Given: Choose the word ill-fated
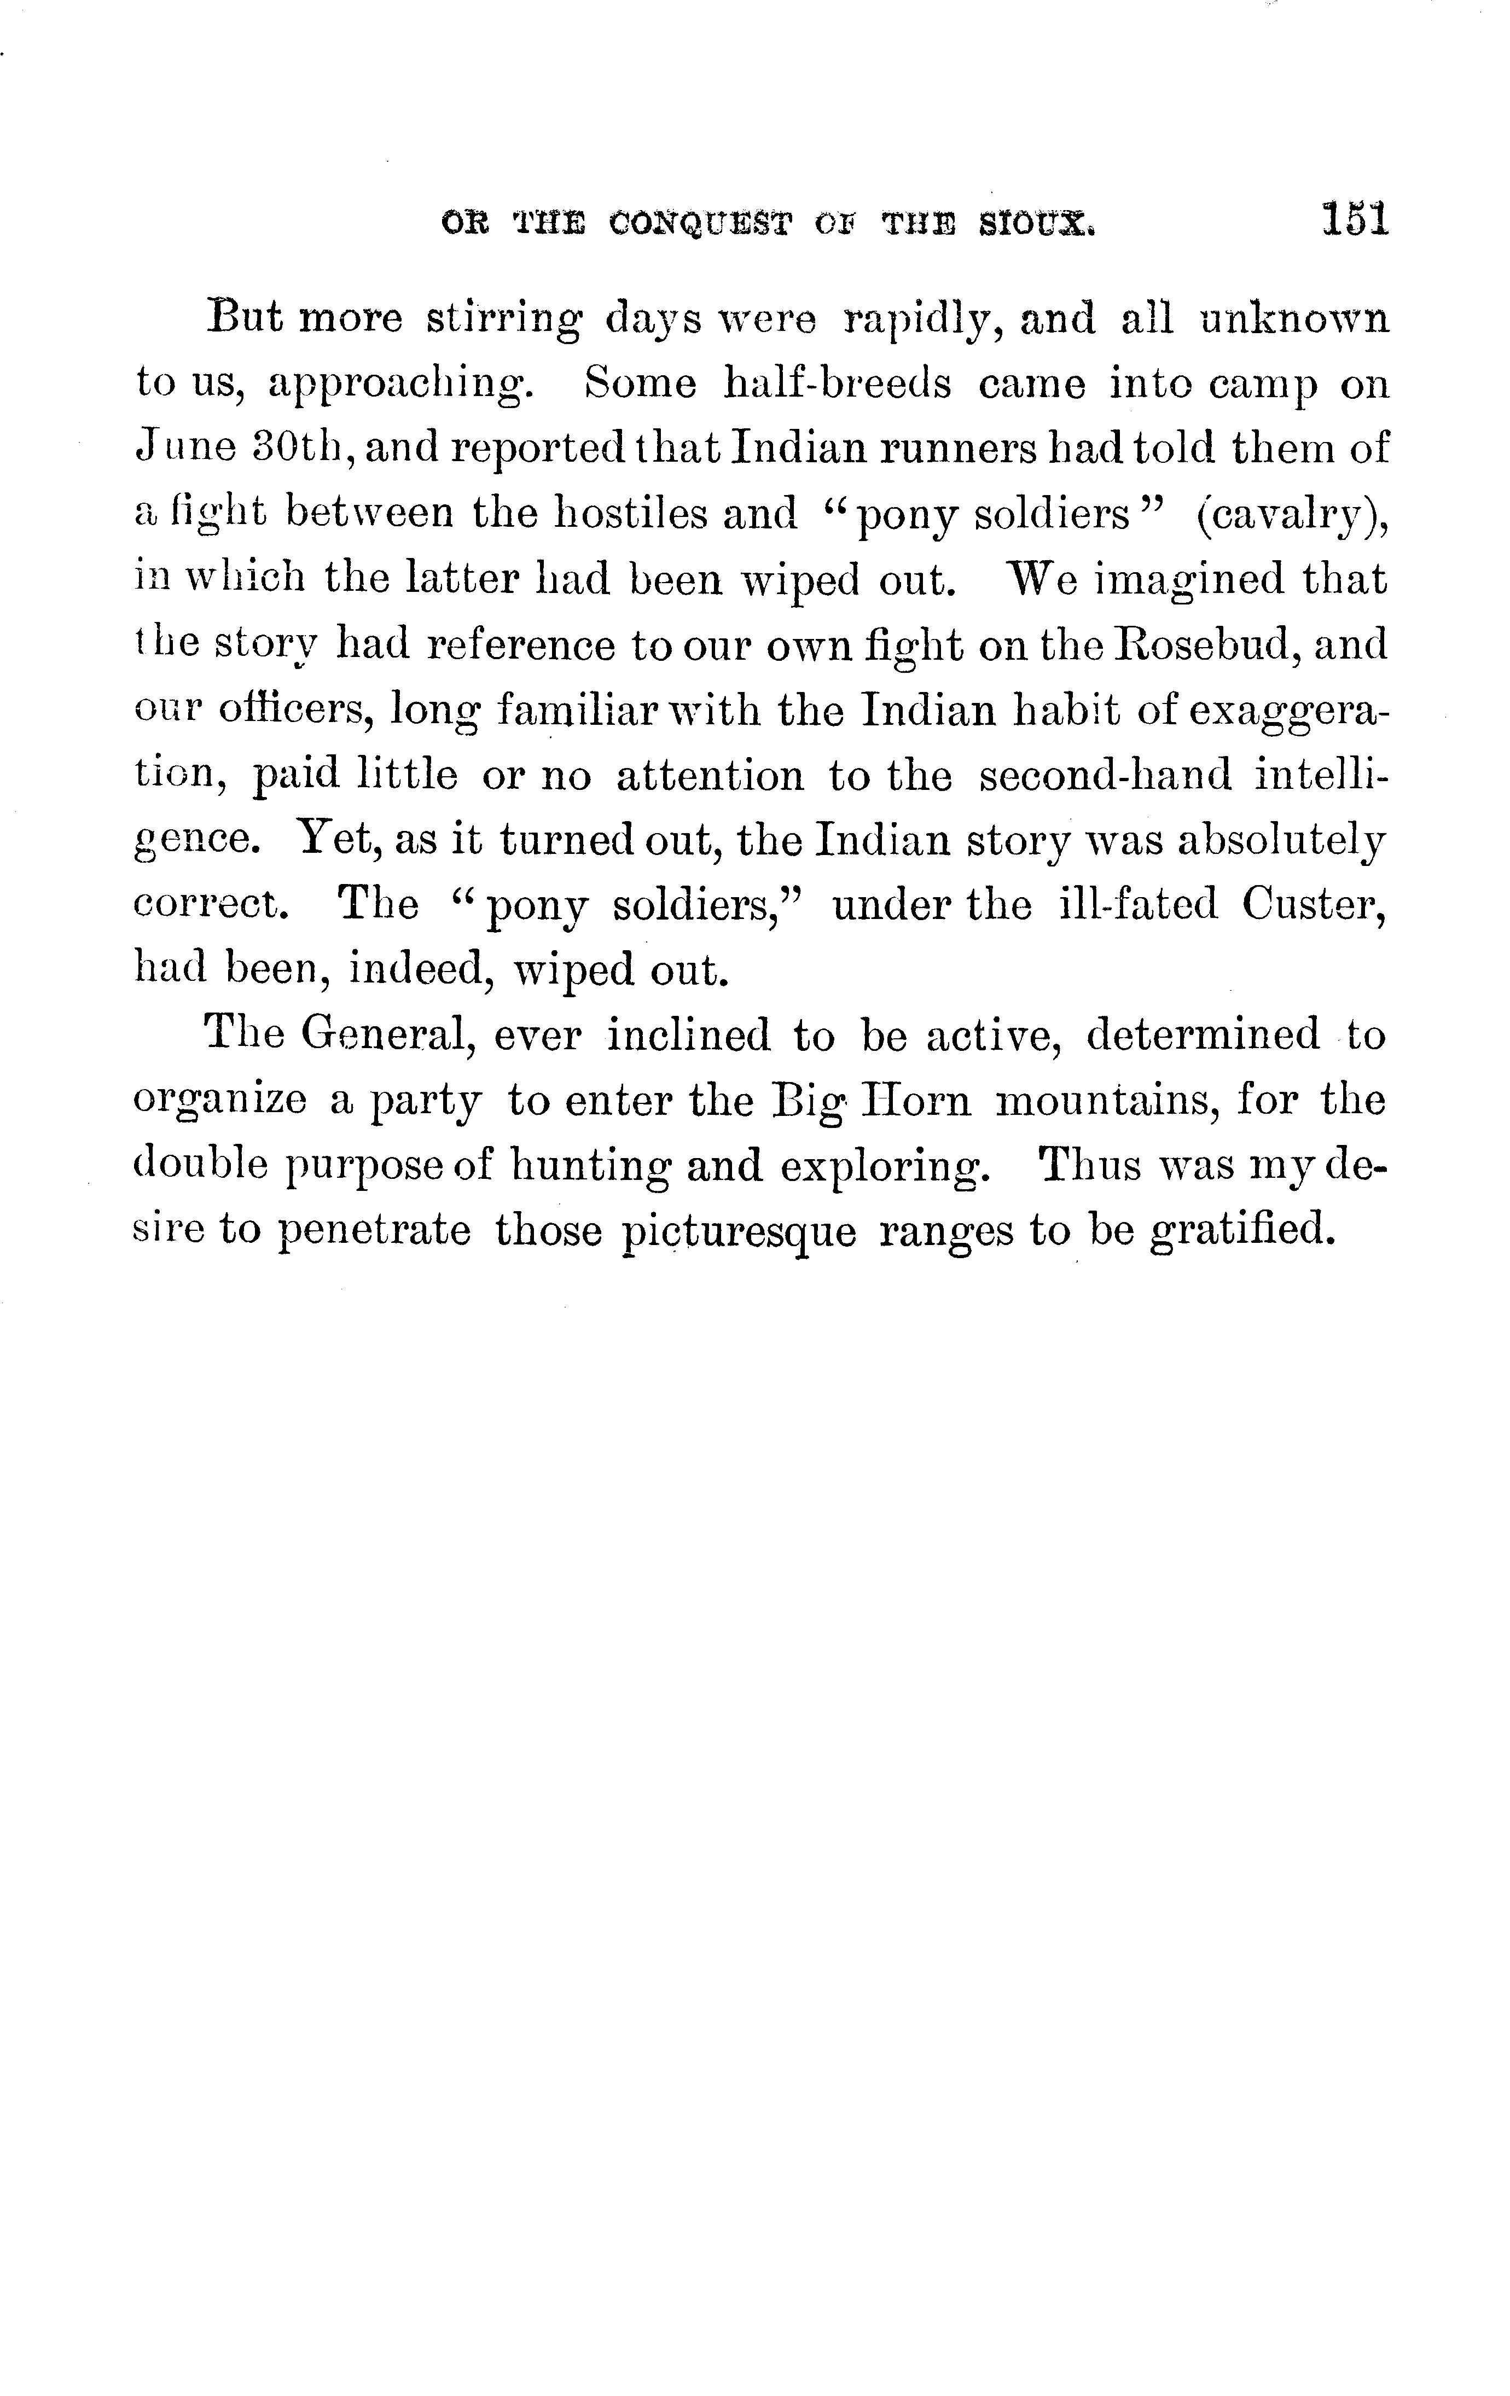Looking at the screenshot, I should pyautogui.click(x=1138, y=904).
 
